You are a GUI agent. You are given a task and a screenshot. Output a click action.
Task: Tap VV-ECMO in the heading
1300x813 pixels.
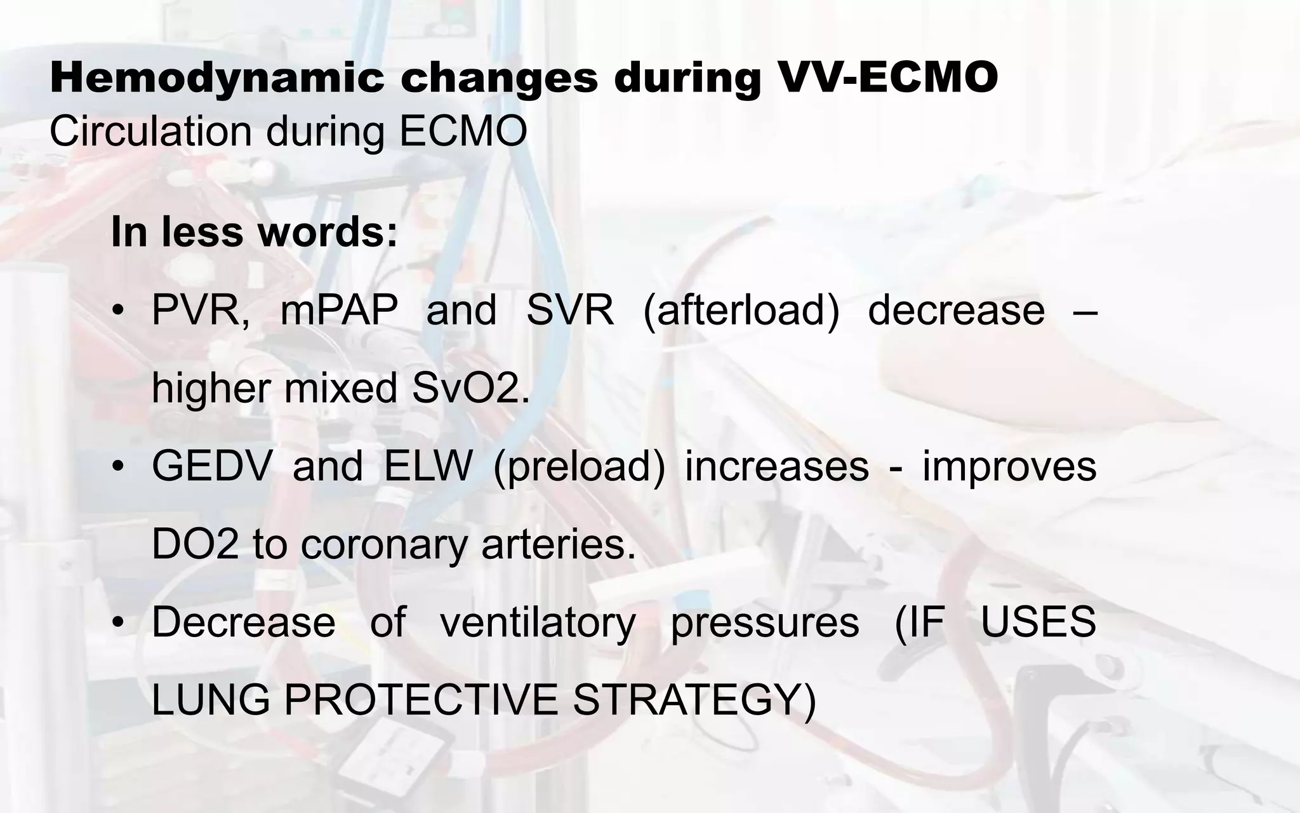tap(889, 78)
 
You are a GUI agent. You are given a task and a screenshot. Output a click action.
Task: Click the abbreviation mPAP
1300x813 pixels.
tap(339, 311)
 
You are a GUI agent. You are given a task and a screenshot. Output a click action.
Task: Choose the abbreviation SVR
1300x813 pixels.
tap(570, 311)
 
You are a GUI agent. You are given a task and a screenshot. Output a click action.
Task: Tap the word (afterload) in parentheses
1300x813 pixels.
tap(741, 312)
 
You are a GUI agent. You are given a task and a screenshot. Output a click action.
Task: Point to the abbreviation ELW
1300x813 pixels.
tap(428, 466)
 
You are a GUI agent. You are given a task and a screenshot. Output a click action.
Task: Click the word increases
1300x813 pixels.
tap(776, 466)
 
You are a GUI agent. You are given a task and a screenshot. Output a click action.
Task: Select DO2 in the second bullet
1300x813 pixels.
tap(195, 544)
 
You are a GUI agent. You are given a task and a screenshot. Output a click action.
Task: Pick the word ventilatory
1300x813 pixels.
tap(537, 623)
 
